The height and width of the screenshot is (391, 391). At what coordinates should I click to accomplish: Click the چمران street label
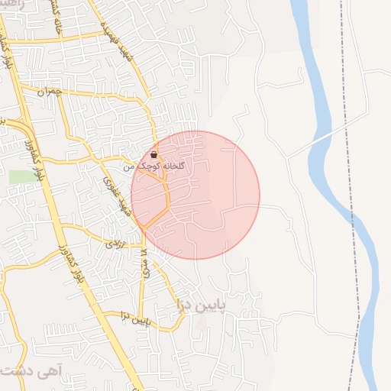(47, 92)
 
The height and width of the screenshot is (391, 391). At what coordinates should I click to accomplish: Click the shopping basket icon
(154, 154)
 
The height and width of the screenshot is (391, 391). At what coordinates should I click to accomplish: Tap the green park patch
(22, 176)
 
